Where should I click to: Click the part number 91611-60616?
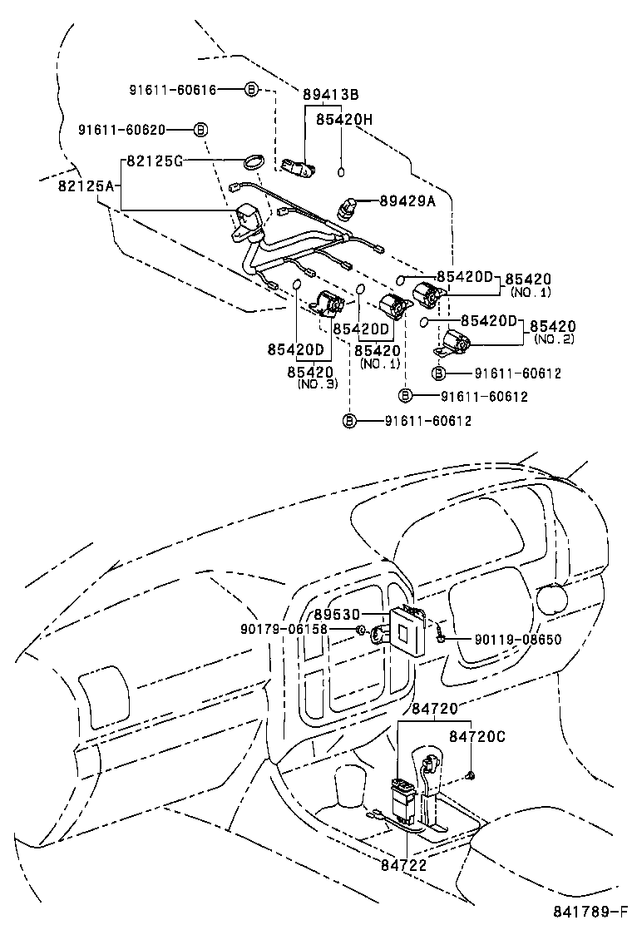click(173, 89)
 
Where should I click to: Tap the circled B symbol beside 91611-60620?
click(200, 130)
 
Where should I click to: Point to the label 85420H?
click(343, 120)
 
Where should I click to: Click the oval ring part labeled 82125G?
click(254, 161)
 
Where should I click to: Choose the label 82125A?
click(86, 185)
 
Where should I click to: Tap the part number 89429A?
click(407, 200)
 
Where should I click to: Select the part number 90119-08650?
click(518, 640)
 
